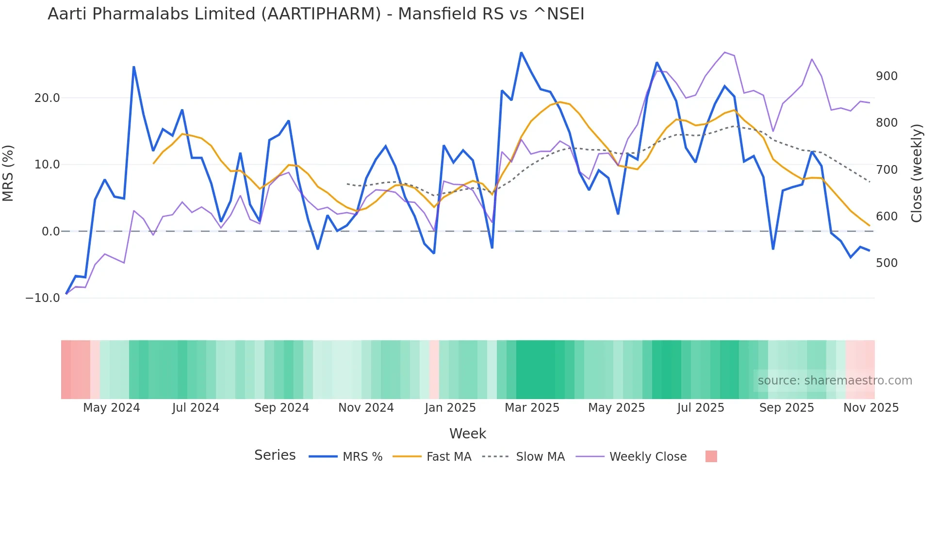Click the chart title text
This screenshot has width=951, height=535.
(x=316, y=14)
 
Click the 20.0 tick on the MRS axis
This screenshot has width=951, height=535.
(x=47, y=98)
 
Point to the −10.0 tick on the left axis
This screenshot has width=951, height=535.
(x=43, y=298)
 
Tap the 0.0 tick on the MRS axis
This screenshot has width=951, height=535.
(x=50, y=232)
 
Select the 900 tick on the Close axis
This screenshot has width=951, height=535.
(x=886, y=76)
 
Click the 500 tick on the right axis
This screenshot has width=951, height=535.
(x=886, y=263)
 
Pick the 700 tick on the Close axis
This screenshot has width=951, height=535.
(x=886, y=170)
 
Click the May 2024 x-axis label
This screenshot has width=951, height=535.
(x=111, y=408)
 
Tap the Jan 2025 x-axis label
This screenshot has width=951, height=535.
(x=450, y=408)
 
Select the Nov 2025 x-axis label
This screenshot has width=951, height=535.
(x=870, y=408)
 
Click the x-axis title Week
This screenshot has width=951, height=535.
(x=467, y=434)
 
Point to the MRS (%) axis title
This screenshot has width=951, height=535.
(x=8, y=173)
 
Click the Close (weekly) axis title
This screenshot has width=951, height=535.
(x=916, y=173)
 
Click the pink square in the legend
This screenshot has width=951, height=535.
(x=711, y=456)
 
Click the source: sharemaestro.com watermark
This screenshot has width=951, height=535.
(x=835, y=381)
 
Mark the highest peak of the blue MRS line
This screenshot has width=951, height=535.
(x=521, y=52)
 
